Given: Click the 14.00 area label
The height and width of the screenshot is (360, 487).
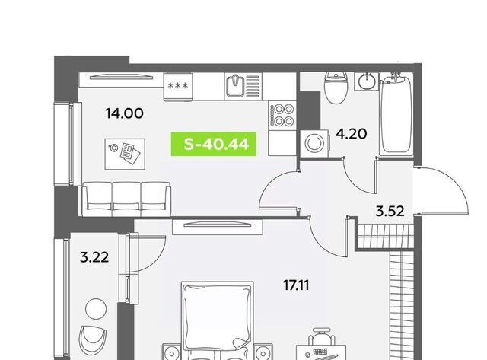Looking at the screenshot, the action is pos(125,113).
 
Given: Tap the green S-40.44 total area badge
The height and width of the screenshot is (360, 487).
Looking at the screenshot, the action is pos(214,144).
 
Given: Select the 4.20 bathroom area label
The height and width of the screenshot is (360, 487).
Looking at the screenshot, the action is pos(352,134).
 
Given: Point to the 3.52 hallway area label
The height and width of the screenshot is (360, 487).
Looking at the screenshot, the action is pos(390,212).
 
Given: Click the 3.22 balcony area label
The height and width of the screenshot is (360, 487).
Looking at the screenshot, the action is pos(94,257).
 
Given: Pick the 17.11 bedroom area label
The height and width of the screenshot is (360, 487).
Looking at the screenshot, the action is pos(296,285).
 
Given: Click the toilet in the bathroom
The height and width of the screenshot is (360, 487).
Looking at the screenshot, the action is pos(336,88).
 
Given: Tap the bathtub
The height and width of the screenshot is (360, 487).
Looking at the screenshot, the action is pos(396,113).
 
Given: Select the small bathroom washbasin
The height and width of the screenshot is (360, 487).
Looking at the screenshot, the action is pos(367,81).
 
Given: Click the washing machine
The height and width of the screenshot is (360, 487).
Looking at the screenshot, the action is pos(314,144).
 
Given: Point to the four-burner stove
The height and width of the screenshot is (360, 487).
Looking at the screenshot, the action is pos(282,115).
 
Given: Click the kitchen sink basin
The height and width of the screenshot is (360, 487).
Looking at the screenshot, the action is pos(235,86).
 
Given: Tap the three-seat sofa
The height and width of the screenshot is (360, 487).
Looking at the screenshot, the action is pos(126,199).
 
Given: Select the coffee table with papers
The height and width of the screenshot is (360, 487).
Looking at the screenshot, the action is pos(125,154).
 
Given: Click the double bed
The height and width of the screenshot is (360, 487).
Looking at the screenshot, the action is pos(218,320).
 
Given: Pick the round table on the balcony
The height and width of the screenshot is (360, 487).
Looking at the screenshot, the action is pos(96,309).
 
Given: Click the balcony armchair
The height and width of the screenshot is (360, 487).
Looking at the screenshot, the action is pos(93,341).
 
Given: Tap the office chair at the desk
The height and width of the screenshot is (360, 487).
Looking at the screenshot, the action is pos(321,336).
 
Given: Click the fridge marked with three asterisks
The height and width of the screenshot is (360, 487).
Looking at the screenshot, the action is pos(178,87).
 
